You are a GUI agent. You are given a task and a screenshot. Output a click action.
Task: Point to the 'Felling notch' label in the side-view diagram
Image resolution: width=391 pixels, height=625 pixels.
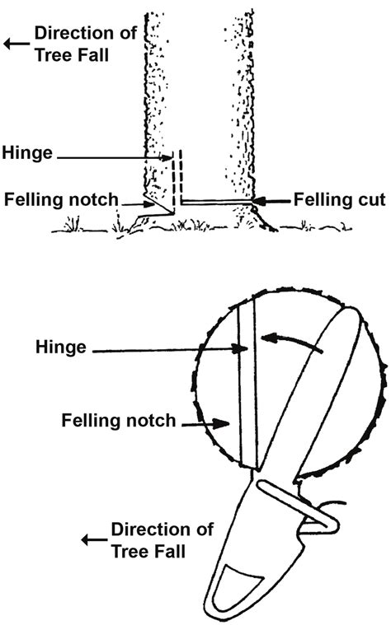[x=60, y=199]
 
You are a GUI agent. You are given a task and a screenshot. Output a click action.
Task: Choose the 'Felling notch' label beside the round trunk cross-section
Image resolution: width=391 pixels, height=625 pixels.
[x=119, y=421]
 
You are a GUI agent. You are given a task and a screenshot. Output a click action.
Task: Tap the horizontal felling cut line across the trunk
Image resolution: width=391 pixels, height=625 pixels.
[x=216, y=201]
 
